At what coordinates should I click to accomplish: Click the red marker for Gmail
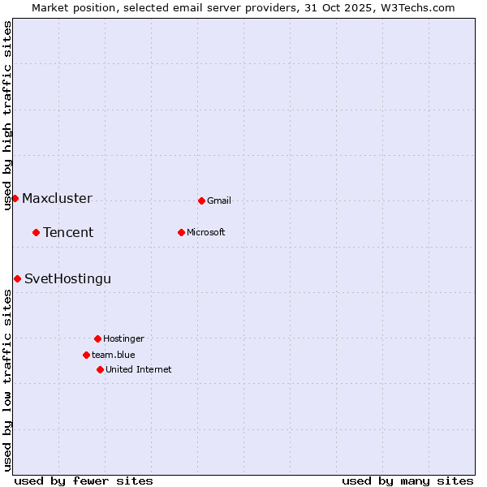[201, 200]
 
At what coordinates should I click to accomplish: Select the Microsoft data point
[181, 232]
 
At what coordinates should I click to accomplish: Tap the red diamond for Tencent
[36, 232]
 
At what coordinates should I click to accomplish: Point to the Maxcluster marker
[15, 198]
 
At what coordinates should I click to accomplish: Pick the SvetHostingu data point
[17, 278]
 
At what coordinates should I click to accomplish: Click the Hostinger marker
[97, 338]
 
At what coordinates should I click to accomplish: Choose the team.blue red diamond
[86, 355]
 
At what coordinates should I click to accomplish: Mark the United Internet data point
[100, 369]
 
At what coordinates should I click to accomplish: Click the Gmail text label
[219, 200]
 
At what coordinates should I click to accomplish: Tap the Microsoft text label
[206, 232]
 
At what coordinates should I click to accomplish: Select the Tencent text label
[68, 232]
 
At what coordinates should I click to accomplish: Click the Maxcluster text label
[57, 198]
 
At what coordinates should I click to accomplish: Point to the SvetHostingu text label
[67, 278]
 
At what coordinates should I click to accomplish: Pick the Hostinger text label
[123, 338]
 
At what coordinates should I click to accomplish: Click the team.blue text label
[114, 355]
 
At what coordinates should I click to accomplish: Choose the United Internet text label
[139, 369]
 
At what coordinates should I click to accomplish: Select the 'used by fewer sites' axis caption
[84, 481]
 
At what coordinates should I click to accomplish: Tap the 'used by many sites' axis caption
[407, 481]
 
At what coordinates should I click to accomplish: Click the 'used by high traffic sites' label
[7, 115]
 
